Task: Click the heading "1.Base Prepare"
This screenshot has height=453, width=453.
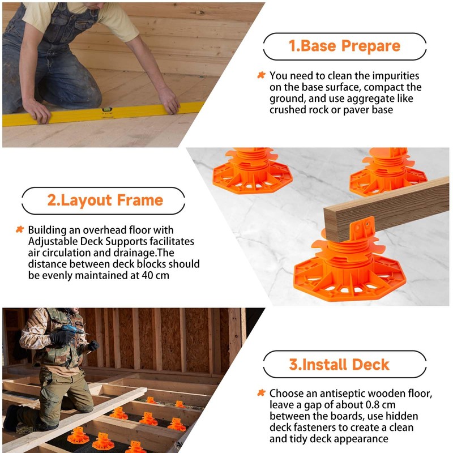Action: click(x=344, y=46)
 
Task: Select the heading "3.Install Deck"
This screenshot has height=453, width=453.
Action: click(x=339, y=364)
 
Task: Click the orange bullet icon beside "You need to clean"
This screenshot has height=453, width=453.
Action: click(x=261, y=75)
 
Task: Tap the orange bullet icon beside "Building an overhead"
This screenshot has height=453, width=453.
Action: click(x=19, y=230)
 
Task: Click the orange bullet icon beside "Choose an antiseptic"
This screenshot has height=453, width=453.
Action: click(x=261, y=393)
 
